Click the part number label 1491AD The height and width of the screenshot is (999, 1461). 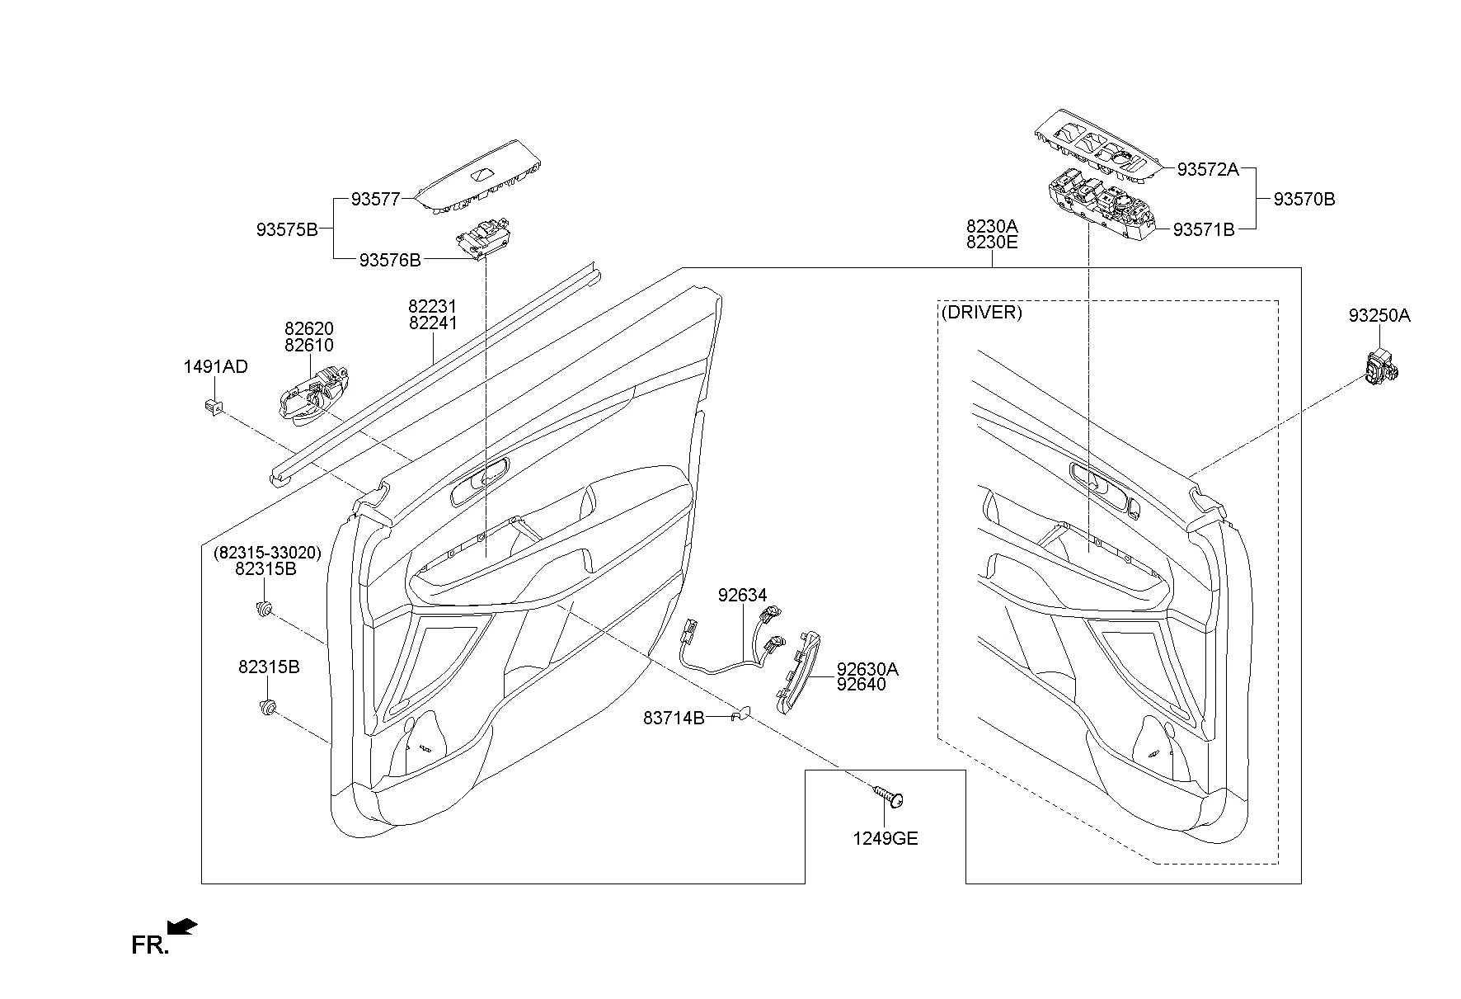coord(215,367)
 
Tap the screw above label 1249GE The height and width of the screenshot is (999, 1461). coord(887,798)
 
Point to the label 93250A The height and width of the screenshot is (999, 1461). coord(1379,316)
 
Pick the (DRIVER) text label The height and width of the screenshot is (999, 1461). coord(981,313)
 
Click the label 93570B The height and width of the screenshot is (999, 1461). coord(1304,199)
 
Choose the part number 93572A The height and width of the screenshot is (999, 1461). coord(1207,169)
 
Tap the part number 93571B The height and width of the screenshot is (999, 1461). coord(1204,230)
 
